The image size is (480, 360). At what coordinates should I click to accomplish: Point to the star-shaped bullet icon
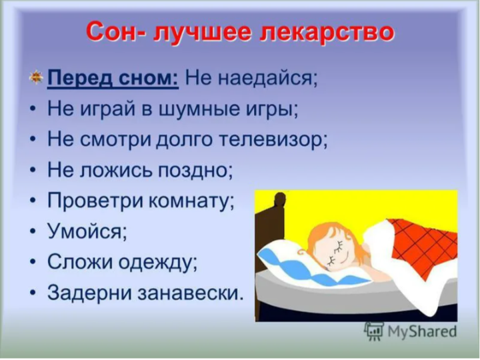pos(36,77)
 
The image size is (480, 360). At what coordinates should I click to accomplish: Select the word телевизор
pos(273,140)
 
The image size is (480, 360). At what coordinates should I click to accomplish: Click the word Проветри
pos(95,201)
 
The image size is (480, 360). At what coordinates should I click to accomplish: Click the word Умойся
pos(87,232)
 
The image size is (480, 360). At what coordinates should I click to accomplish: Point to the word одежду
pos(157,263)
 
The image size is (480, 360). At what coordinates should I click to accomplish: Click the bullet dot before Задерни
pos(33,293)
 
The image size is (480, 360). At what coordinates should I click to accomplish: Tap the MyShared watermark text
pos(422,331)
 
